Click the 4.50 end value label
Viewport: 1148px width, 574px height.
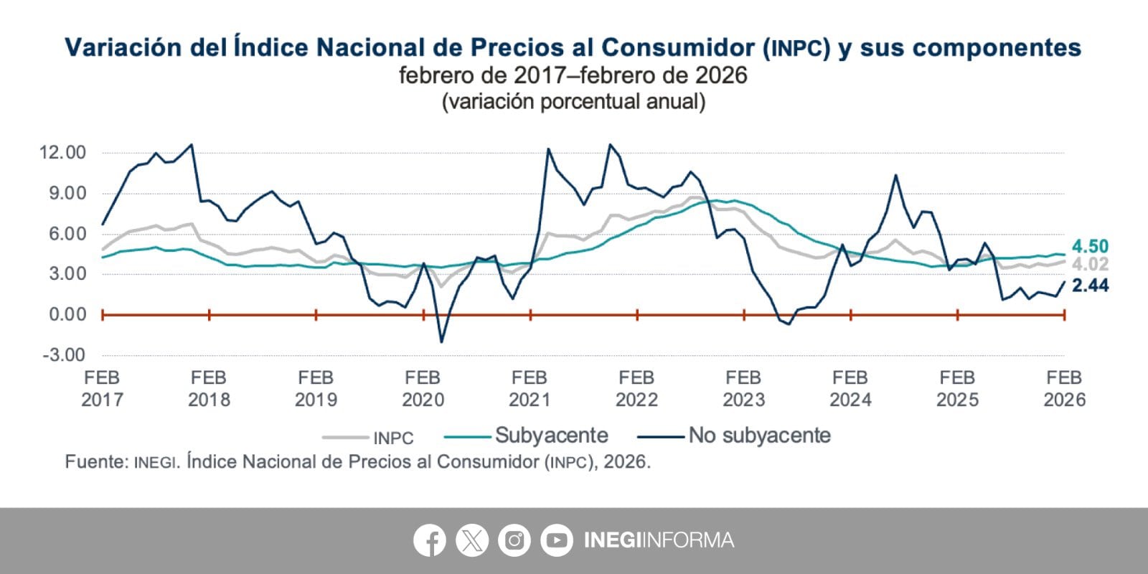pos(1090,247)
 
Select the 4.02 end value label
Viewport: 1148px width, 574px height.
pos(1090,265)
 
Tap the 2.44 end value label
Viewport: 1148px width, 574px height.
pos(1090,286)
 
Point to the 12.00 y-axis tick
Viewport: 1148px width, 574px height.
pos(63,153)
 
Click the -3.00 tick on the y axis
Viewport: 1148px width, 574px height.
pos(64,355)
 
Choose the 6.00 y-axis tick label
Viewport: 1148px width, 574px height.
pos(67,234)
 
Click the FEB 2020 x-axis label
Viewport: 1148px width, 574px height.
pos(423,388)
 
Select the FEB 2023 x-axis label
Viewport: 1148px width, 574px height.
pos(743,388)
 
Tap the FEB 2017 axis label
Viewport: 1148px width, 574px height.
pos(102,388)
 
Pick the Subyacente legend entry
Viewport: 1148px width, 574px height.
pos(551,436)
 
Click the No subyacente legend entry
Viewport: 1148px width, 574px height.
pos(759,436)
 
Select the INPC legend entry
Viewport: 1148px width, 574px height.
pos(392,438)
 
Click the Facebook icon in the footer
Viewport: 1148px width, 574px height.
pos(430,540)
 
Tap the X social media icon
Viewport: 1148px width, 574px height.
pos(472,540)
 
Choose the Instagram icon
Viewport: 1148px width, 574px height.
pos(514,540)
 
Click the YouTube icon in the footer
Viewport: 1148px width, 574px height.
pos(556,540)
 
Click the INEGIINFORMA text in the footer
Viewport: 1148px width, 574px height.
pos(659,540)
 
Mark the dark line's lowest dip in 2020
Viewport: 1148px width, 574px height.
pos(441,342)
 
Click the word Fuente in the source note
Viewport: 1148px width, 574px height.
pos(95,461)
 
